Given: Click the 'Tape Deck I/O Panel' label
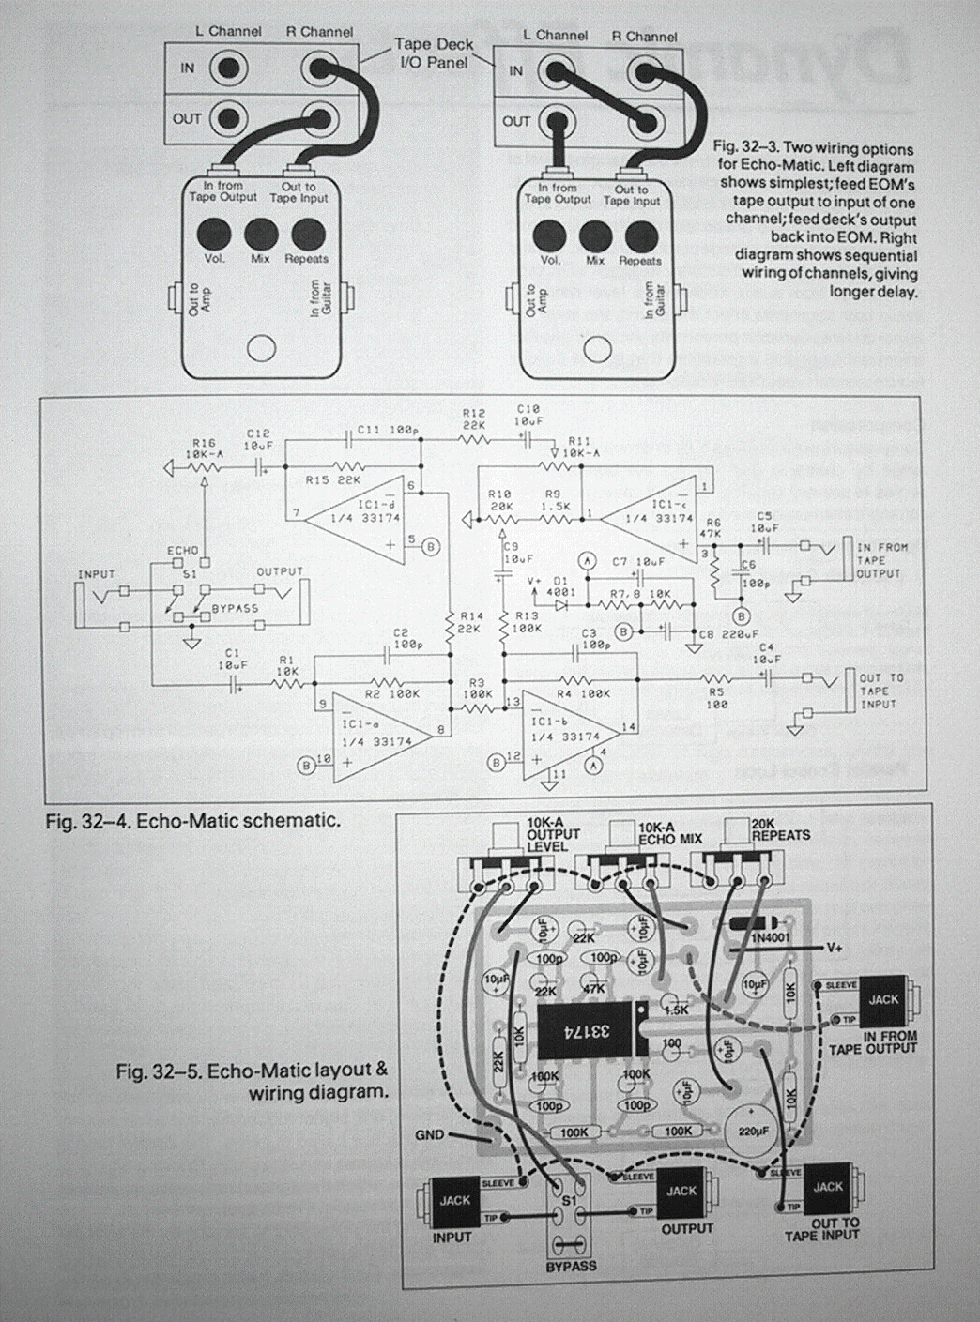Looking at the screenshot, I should (434, 53).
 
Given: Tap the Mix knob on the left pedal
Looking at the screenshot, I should (260, 232).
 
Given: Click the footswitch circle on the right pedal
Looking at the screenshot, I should (595, 352).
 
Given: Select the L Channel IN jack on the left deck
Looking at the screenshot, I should (227, 68).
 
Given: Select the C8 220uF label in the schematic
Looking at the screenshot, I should (727, 635).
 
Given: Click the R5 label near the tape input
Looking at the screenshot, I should (716, 698).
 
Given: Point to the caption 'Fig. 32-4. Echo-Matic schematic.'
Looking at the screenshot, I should (192, 821).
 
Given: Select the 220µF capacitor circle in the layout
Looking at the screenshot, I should (753, 1132).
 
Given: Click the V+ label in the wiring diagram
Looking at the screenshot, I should (835, 948).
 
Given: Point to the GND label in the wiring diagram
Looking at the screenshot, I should (429, 1135).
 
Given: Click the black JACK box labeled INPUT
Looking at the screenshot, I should (455, 1202).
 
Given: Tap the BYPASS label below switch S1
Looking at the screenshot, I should (571, 1267).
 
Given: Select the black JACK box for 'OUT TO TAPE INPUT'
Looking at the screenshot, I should (827, 1188).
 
